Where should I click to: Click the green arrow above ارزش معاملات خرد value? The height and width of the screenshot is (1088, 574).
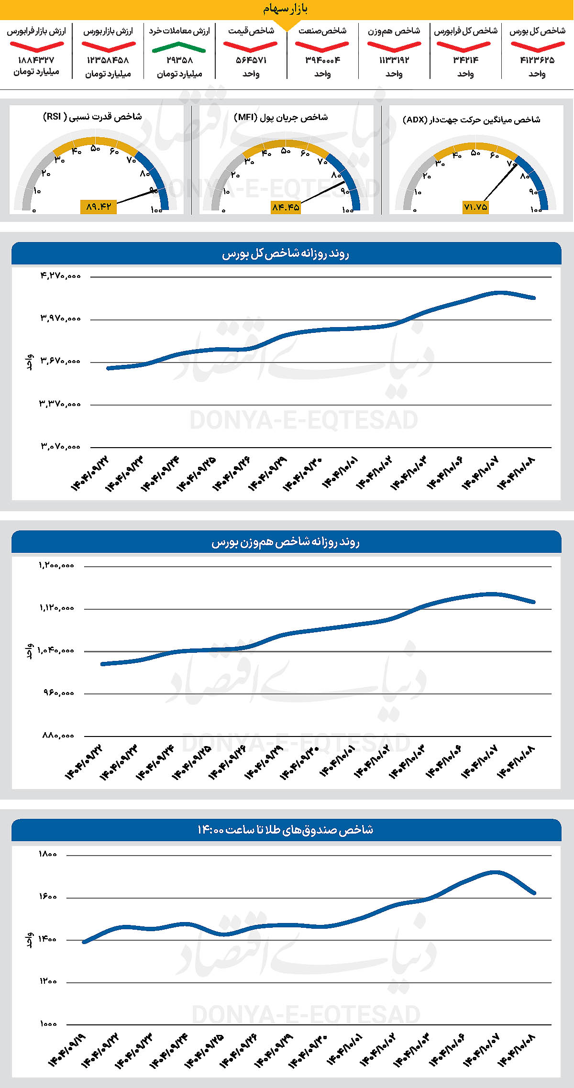(178, 47)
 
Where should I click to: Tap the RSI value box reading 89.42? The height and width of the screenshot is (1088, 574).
(99, 207)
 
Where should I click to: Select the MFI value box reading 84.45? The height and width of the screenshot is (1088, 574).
(286, 207)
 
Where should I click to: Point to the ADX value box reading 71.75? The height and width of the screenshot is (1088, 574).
(475, 207)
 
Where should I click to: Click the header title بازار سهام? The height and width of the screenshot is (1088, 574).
(286, 9)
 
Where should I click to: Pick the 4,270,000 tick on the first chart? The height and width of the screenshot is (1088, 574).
(60, 276)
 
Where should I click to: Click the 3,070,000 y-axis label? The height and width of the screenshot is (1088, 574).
(60, 447)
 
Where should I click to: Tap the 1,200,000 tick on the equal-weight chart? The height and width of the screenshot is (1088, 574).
(56, 565)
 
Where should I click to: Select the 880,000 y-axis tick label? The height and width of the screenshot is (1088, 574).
(58, 736)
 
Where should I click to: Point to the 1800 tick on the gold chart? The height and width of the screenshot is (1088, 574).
(48, 854)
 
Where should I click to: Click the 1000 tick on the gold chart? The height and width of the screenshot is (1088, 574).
(48, 1024)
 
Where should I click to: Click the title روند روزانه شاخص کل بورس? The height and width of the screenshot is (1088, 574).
(286, 253)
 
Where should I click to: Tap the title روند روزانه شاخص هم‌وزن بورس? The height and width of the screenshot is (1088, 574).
(286, 542)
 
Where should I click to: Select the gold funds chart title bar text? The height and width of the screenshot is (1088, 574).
(286, 830)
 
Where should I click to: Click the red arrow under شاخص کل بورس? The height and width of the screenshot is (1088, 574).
(537, 47)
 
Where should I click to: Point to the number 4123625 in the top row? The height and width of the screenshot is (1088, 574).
(537, 60)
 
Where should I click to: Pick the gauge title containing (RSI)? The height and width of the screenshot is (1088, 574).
(92, 117)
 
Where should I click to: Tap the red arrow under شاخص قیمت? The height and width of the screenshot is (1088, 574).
(250, 47)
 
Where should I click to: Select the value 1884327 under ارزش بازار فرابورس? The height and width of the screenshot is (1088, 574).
(36, 60)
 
